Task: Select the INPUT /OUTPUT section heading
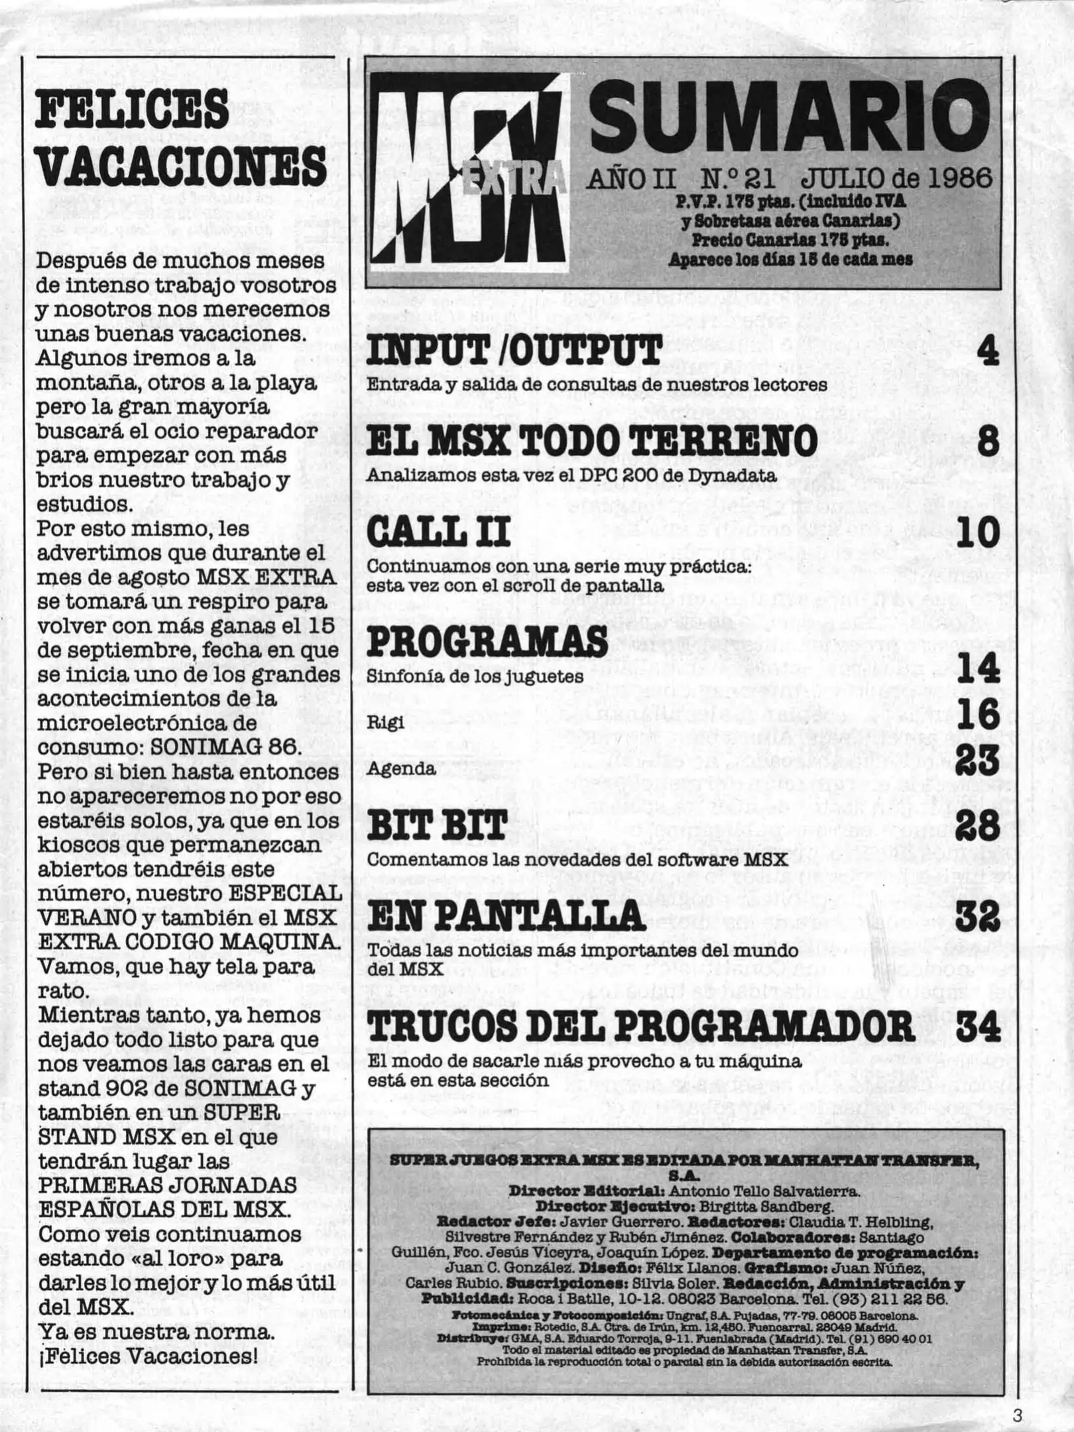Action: click(x=514, y=351)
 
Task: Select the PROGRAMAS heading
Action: click(x=487, y=641)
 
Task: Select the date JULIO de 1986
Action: click(x=896, y=178)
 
